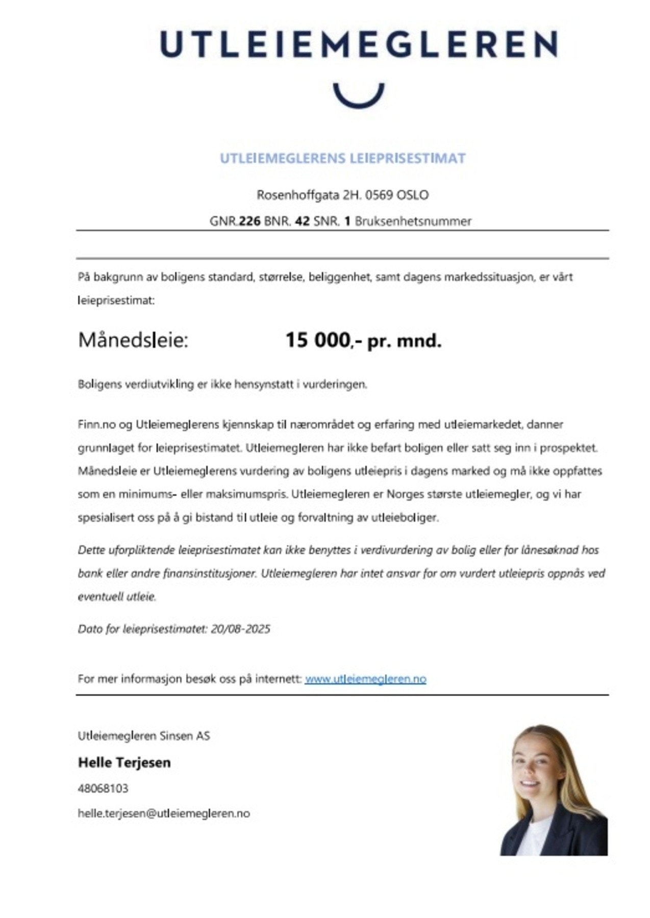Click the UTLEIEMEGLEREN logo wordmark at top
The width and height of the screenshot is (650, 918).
(358, 44)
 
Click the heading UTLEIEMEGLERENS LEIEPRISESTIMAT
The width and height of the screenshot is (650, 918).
(342, 159)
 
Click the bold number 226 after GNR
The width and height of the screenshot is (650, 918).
(249, 221)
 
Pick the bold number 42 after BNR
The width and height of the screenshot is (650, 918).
(302, 221)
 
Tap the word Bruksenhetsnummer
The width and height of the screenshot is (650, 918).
(413, 221)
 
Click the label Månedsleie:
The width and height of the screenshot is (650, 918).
(133, 340)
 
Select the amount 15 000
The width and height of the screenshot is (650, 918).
(317, 340)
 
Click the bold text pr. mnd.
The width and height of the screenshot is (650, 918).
(404, 341)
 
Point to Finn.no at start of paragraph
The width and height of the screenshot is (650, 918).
(96, 424)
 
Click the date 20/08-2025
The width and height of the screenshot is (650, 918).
(240, 629)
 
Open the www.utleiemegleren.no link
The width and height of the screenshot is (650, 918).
(365, 679)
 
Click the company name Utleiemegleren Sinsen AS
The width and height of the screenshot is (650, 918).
(143, 735)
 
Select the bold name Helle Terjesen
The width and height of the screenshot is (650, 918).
(124, 762)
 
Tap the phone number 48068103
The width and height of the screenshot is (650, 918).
(103, 788)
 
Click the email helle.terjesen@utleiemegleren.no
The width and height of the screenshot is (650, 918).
(163, 813)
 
